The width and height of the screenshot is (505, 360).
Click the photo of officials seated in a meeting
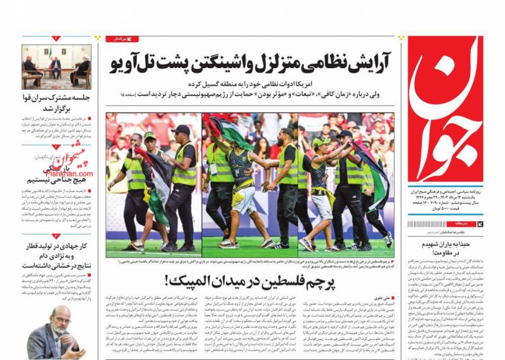click(x=57, y=66)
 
